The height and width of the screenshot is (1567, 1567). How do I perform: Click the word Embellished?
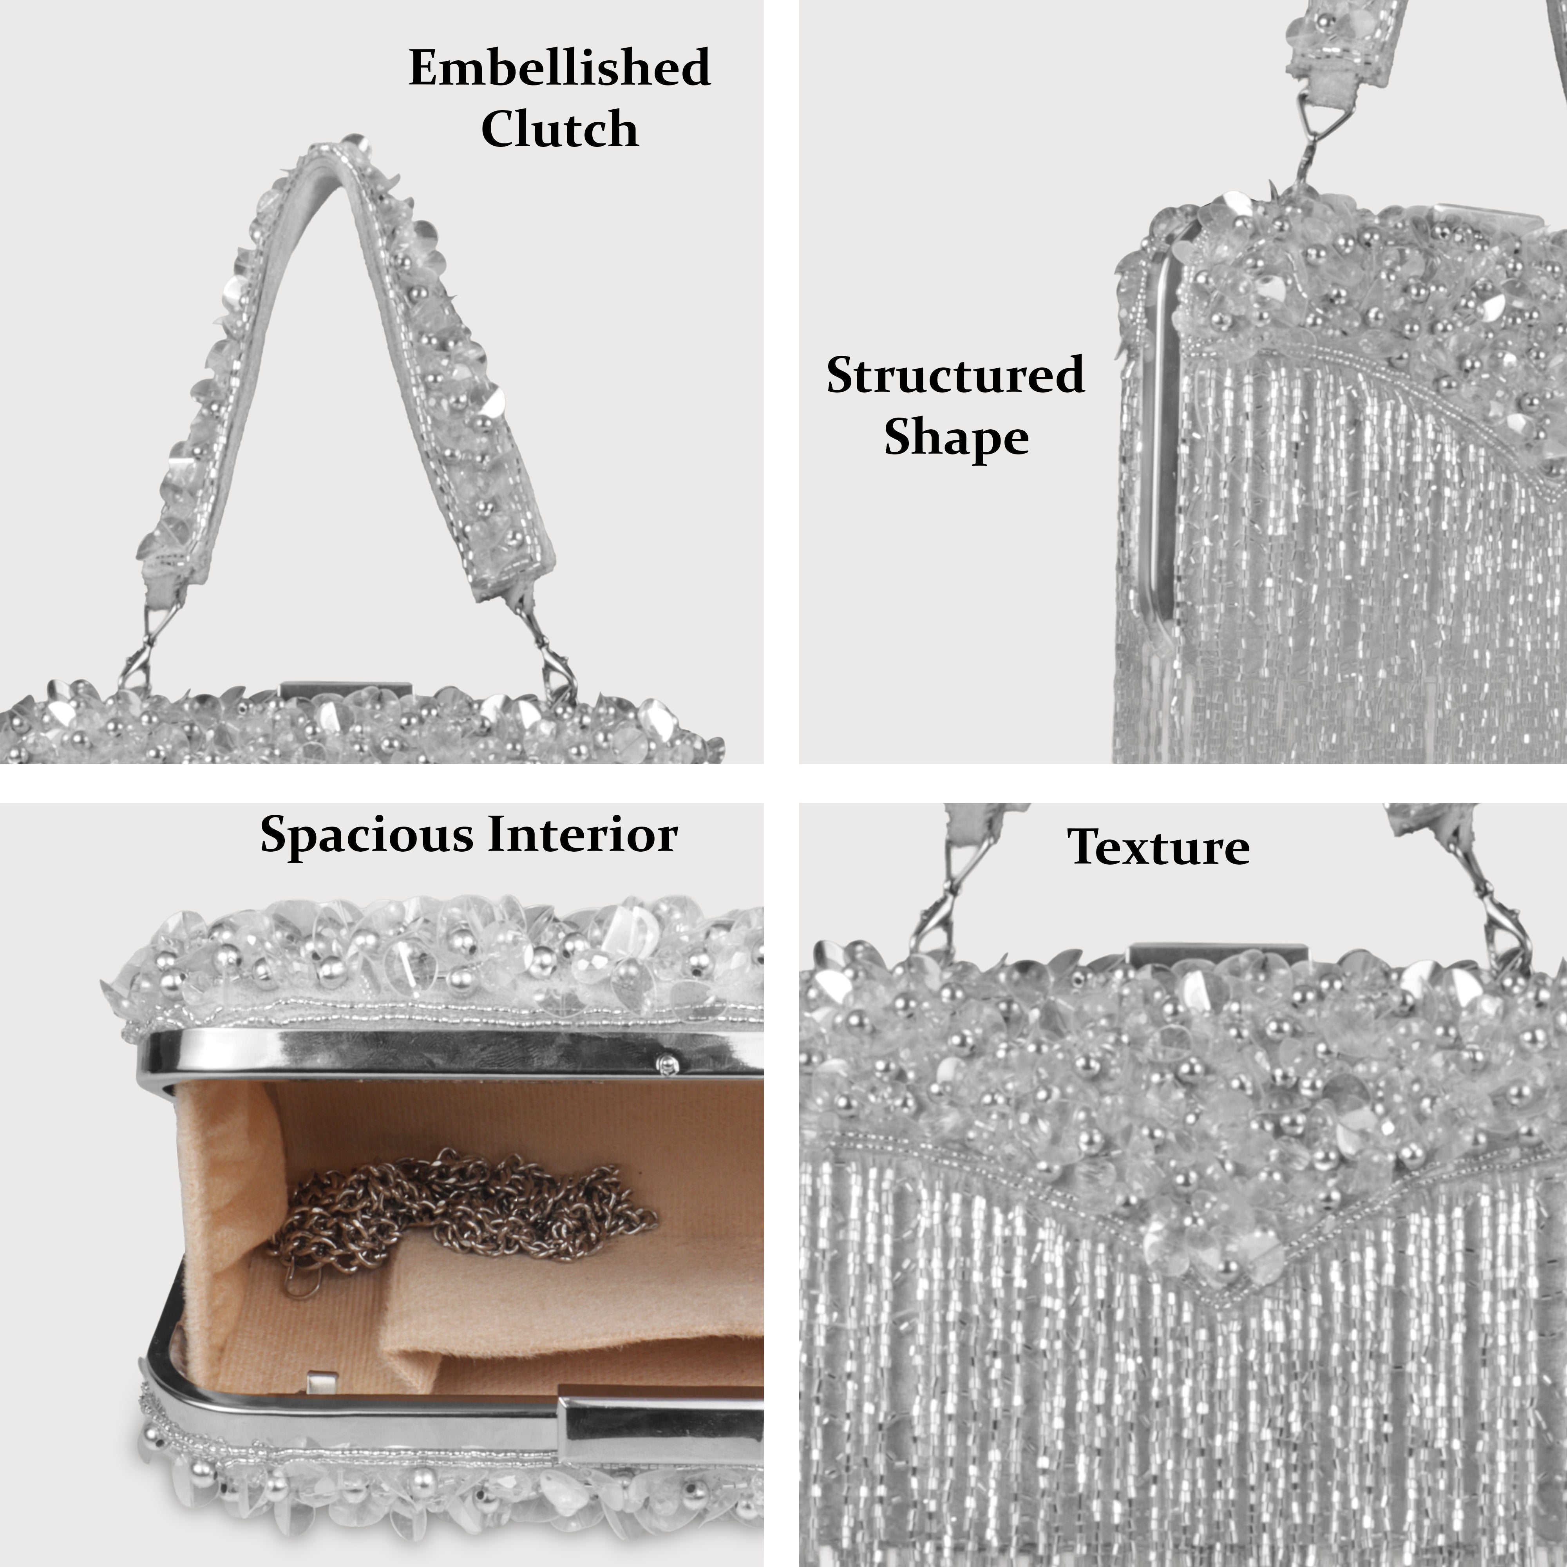[560, 68]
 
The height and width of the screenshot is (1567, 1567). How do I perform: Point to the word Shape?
[956, 438]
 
